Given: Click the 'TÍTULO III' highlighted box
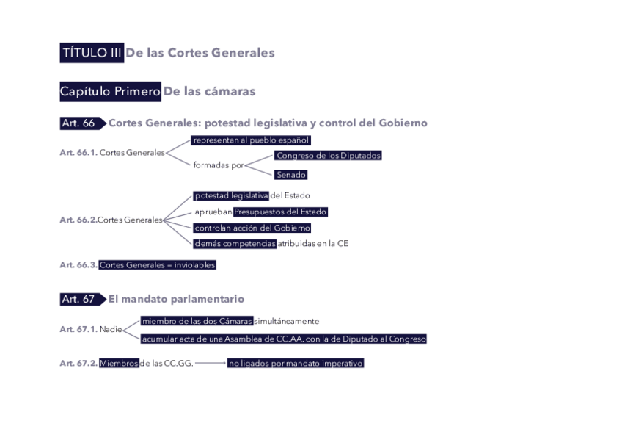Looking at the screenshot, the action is click(92, 53).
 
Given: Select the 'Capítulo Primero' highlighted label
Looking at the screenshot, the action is click(110, 92).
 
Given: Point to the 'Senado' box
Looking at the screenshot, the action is click(290, 175).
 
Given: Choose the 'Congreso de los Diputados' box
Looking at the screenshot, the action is click(328, 156).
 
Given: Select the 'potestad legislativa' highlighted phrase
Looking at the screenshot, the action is click(231, 195).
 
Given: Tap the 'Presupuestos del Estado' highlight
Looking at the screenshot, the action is click(279, 212).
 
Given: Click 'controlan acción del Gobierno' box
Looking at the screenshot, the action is click(252, 228).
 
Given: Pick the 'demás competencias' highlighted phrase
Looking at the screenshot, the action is click(235, 244).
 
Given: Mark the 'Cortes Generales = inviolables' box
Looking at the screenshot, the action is click(157, 265).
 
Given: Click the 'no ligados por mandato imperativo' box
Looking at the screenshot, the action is click(295, 363).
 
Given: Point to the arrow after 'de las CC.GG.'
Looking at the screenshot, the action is click(210, 363).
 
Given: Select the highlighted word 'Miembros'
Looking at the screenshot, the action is click(119, 363).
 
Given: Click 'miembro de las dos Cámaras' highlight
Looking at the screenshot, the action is click(197, 321).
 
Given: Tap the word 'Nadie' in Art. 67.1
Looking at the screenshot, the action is click(111, 329).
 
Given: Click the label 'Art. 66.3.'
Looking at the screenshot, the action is click(78, 265).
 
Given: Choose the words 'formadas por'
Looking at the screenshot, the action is click(218, 166).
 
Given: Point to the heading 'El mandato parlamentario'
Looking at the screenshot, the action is click(176, 300).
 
